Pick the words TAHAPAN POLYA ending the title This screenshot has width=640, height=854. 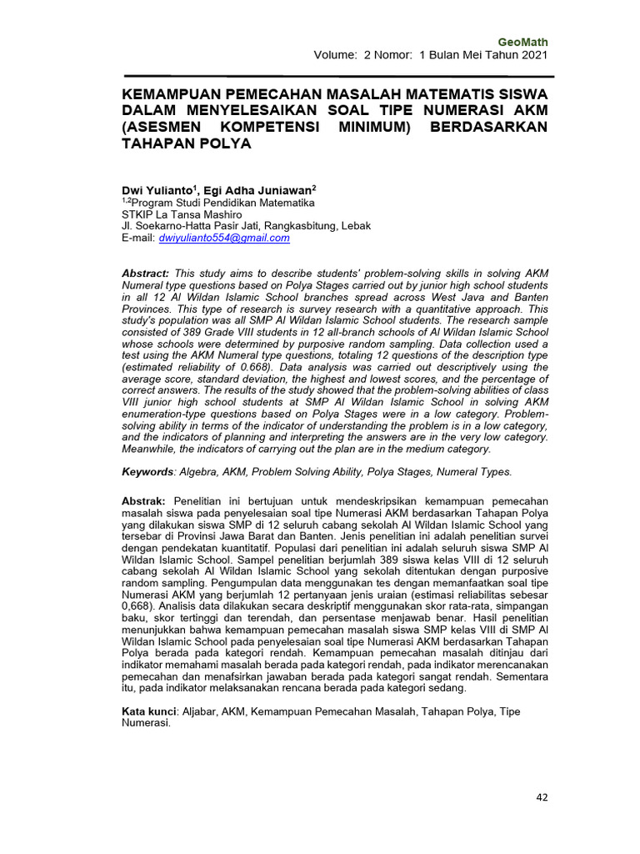tap(186, 143)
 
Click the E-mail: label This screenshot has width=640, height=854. tap(138, 238)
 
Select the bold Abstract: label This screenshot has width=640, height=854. tap(146, 273)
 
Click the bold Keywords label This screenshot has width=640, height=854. tap(148, 472)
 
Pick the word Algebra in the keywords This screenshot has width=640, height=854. tap(201, 472)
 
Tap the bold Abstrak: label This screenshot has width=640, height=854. tap(146, 498)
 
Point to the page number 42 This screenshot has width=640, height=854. tap(542, 798)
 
